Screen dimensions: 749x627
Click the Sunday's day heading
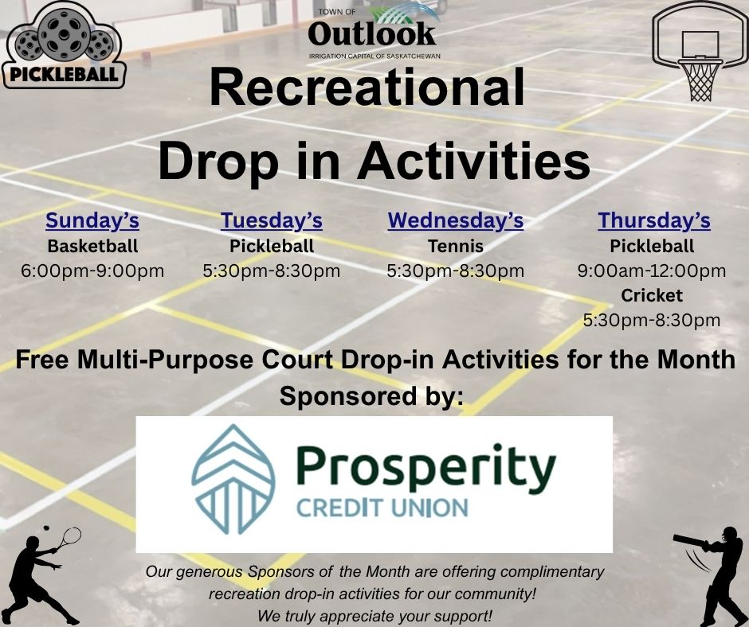[x=92, y=221]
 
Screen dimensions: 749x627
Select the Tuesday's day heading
[x=272, y=221]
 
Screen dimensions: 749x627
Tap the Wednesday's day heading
[x=455, y=221]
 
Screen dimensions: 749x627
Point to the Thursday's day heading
[x=653, y=221]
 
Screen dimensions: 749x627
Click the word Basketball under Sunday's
[x=92, y=246]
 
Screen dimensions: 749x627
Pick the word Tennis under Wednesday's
[x=455, y=246]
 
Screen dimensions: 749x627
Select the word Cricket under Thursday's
[x=652, y=296]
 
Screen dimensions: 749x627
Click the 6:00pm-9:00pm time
[x=92, y=271]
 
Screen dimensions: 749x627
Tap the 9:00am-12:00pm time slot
[x=652, y=271]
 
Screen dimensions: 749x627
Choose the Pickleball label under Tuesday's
[x=272, y=246]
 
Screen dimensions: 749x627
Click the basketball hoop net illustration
[x=700, y=80]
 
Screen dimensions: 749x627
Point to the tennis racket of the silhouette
[x=69, y=537]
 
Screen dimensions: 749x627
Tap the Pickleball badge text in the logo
[x=64, y=75]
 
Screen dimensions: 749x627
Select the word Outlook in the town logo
[x=371, y=33]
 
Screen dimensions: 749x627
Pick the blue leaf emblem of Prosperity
[x=233, y=479]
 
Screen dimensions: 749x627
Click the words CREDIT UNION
[x=382, y=508]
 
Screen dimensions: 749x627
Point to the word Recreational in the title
[x=367, y=88]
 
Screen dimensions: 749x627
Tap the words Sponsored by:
[x=371, y=396]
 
